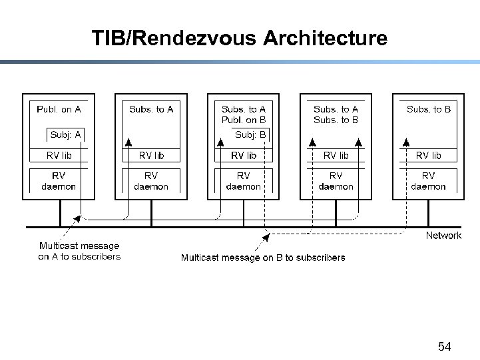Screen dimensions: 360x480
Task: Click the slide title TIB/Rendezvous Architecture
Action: tap(240, 38)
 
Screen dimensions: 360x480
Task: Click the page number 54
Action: tap(444, 346)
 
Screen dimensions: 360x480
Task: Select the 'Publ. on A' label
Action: tap(59, 109)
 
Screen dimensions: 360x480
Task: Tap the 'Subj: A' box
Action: tap(65, 134)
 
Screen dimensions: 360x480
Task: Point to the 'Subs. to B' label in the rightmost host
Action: tap(428, 109)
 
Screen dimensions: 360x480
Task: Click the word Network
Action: tap(443, 236)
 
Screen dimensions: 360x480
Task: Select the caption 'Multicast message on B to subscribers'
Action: tap(263, 258)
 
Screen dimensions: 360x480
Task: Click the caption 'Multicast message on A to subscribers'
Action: tap(79, 251)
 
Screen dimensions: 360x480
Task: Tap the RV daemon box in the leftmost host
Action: tap(59, 181)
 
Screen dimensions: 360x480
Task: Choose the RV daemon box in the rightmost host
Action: tap(428, 181)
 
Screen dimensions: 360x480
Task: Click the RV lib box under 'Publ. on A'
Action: tap(59, 156)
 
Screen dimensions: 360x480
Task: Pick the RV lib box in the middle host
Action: tap(243, 156)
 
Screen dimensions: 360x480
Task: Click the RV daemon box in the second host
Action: tap(151, 181)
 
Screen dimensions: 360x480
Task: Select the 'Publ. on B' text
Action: tap(243, 120)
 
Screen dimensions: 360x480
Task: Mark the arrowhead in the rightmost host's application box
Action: tap(405, 142)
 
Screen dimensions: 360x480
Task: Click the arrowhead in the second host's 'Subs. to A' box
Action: tap(128, 142)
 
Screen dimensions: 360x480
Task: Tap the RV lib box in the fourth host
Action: tap(336, 156)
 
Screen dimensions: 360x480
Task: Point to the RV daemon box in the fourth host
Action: tap(336, 181)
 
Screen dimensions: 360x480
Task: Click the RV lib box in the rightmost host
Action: tap(428, 156)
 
